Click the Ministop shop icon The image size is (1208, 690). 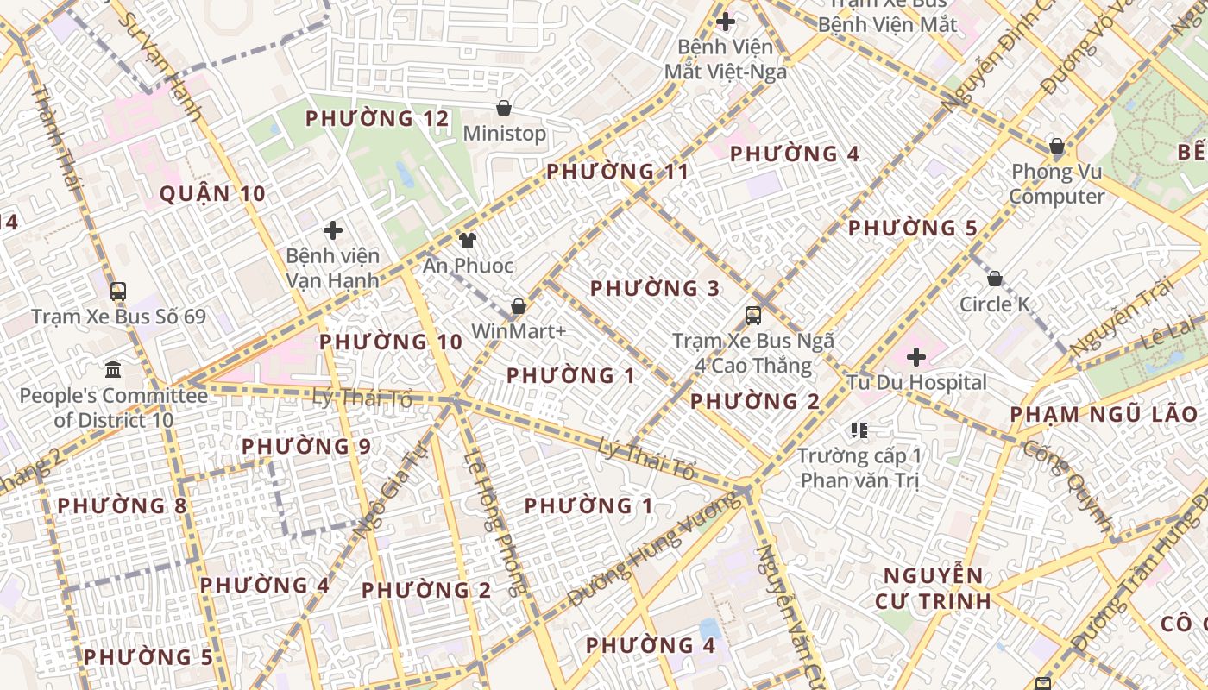pyautogui.click(x=504, y=109)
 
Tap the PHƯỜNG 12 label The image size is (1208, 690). pyautogui.click(x=377, y=118)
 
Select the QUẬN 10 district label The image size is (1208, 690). pyautogui.click(x=212, y=193)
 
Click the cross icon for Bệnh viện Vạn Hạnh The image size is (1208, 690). pyautogui.click(x=333, y=230)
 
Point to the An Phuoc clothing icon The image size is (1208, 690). pyautogui.click(x=468, y=241)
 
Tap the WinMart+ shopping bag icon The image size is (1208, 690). pyautogui.click(x=519, y=306)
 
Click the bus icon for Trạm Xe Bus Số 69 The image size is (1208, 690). pyautogui.click(x=118, y=292)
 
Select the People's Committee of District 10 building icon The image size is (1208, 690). pyautogui.click(x=113, y=370)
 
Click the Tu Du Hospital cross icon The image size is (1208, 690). pyautogui.click(x=916, y=356)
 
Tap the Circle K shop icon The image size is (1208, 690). pyautogui.click(x=995, y=279)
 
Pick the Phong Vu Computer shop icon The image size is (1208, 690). pyautogui.click(x=1056, y=146)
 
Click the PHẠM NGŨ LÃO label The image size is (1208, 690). pyautogui.click(x=1104, y=414)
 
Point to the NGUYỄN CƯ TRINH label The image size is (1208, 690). pyautogui.click(x=933, y=587)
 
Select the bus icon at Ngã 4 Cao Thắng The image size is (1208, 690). pyautogui.click(x=753, y=315)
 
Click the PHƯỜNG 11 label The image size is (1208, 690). pyautogui.click(x=618, y=171)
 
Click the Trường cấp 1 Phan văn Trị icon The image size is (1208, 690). pyautogui.click(x=859, y=430)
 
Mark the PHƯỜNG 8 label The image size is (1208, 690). pyautogui.click(x=122, y=505)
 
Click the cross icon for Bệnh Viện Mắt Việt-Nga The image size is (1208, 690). pyautogui.click(x=726, y=21)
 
